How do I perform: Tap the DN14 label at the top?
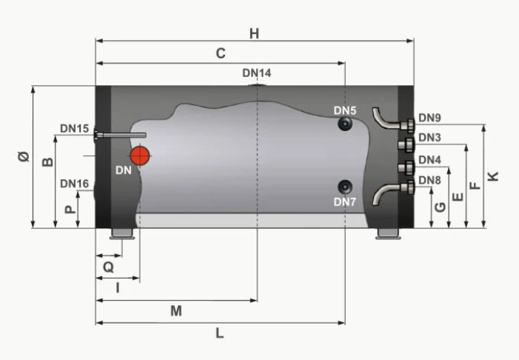pos(257,73)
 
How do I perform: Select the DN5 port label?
pos(345,110)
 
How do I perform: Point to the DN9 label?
pos(429,117)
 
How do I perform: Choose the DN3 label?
pos(429,138)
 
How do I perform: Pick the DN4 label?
pos(429,160)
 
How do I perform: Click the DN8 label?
pos(429,180)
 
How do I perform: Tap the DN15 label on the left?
pos(75,128)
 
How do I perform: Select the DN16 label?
pos(75,183)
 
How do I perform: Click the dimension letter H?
pos(254,33)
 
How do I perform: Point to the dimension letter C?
pos(220,53)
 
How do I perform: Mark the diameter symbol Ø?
pos(23,157)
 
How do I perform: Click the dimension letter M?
pos(176,311)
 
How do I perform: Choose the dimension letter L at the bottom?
pos(220,333)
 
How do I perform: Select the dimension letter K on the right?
pos(494,176)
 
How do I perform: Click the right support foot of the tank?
pos(388,234)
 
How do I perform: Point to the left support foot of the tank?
pos(122,234)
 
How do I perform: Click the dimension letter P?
pos(69,210)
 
